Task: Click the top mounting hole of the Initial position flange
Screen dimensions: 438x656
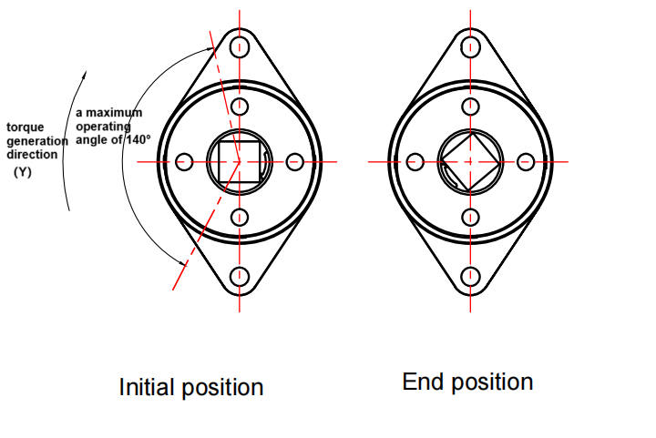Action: [x=241, y=46]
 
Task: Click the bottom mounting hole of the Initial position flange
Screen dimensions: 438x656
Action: [x=241, y=277]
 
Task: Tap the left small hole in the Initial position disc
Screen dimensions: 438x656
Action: [x=184, y=162]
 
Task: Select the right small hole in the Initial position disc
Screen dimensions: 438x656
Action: [x=295, y=162]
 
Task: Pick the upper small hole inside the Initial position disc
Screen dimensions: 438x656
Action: [x=240, y=107]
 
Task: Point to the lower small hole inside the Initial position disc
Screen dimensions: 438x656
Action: [x=240, y=217]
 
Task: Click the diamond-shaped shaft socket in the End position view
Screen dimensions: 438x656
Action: [x=469, y=162]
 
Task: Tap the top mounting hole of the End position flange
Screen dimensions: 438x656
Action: [x=470, y=46]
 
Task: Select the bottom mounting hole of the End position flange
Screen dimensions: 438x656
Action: [x=470, y=277]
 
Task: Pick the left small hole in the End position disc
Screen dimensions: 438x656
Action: [x=415, y=162]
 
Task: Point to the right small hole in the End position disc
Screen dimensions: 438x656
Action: [x=526, y=162]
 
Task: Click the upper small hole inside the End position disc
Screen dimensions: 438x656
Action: [x=470, y=107]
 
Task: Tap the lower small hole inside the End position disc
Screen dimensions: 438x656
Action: [x=470, y=217]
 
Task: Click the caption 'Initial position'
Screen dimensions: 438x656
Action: [x=191, y=387]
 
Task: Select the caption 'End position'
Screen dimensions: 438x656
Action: [x=467, y=381]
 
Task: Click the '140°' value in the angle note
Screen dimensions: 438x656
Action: [x=137, y=139]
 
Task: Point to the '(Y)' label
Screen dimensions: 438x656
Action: [x=22, y=171]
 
